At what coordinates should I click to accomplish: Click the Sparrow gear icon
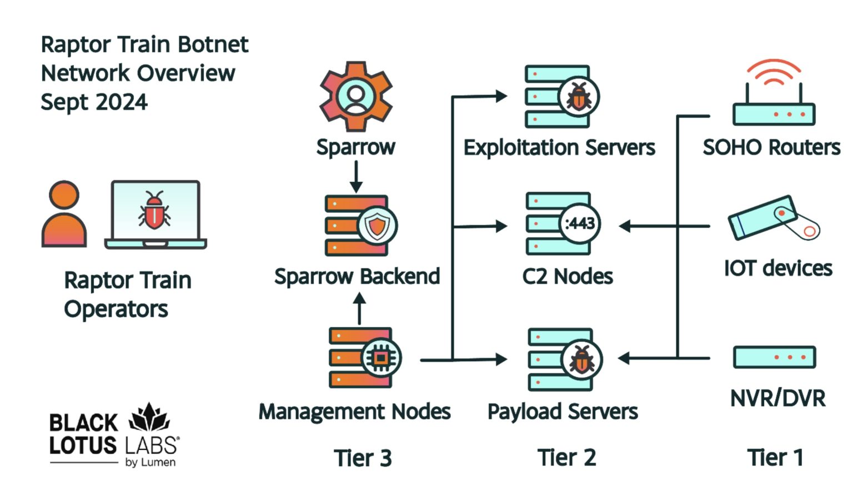356,96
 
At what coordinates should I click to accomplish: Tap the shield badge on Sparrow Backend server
377,226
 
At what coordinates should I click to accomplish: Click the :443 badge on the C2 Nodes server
579,224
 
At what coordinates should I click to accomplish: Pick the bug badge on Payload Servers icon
581,360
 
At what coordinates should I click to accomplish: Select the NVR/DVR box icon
774,357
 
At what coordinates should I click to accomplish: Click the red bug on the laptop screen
154,210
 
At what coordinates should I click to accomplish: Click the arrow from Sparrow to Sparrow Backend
356,177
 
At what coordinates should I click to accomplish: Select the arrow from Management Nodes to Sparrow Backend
359,309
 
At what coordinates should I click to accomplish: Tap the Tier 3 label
363,458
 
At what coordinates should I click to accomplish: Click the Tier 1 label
775,458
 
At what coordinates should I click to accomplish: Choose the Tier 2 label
566,458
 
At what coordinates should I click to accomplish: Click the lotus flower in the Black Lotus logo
149,417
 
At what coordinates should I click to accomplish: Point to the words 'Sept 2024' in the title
94,102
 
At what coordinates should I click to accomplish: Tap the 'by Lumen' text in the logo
150,462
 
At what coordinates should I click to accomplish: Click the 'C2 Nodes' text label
567,276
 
